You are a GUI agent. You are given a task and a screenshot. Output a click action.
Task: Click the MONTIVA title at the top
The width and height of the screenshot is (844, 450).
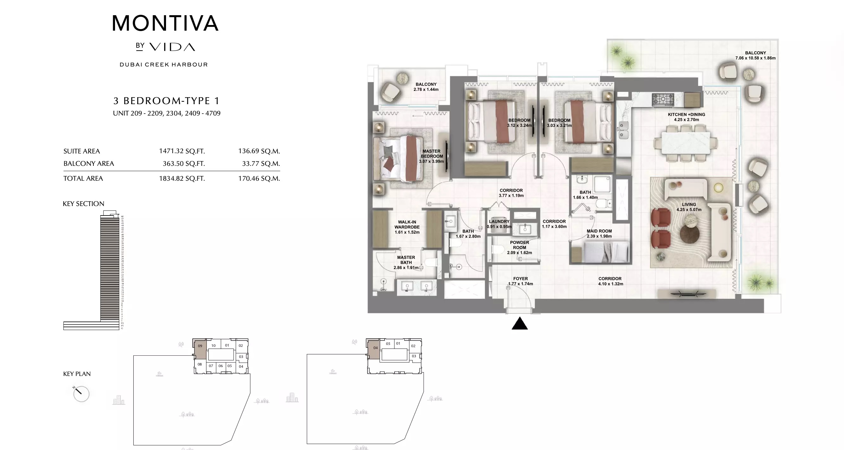point(165,23)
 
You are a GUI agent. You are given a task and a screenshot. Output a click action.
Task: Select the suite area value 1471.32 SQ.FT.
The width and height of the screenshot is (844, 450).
point(182,151)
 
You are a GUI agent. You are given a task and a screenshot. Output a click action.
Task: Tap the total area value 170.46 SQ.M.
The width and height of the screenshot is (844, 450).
point(259,179)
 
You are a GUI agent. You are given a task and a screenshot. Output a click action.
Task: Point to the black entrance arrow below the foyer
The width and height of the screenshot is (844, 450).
point(520,324)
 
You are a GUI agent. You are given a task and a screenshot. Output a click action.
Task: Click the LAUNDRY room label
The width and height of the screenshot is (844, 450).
point(499,222)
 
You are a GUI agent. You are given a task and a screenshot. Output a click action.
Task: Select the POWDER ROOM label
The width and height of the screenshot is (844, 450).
point(519,245)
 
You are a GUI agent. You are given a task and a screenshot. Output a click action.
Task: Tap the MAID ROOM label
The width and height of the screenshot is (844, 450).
point(599,231)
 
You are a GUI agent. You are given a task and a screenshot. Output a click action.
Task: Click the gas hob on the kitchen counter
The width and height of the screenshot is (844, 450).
point(662,99)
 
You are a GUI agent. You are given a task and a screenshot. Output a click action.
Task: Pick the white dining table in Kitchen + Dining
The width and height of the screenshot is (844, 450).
point(685,143)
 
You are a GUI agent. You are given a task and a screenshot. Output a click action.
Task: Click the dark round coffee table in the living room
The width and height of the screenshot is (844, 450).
point(690,234)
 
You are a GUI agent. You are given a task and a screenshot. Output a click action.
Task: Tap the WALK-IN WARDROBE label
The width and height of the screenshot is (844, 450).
point(407,224)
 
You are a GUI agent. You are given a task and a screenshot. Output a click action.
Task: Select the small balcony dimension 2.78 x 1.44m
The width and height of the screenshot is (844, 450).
point(426,89)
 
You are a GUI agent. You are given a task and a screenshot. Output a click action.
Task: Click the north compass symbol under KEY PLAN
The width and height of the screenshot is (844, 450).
point(81,393)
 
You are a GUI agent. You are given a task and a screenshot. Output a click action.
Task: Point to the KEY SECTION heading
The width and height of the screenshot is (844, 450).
point(83,204)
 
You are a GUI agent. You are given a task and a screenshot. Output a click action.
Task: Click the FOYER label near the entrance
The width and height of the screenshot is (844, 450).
point(520,279)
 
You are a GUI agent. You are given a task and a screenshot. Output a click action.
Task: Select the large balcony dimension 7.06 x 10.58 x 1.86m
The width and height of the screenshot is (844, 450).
point(755,58)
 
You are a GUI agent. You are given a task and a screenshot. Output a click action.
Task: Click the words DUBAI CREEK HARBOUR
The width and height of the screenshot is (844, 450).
point(163,65)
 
